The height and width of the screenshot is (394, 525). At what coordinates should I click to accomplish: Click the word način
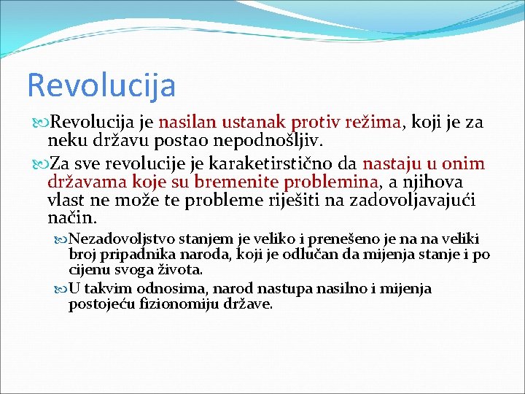[71, 217]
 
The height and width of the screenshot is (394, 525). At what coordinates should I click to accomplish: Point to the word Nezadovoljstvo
[119, 239]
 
